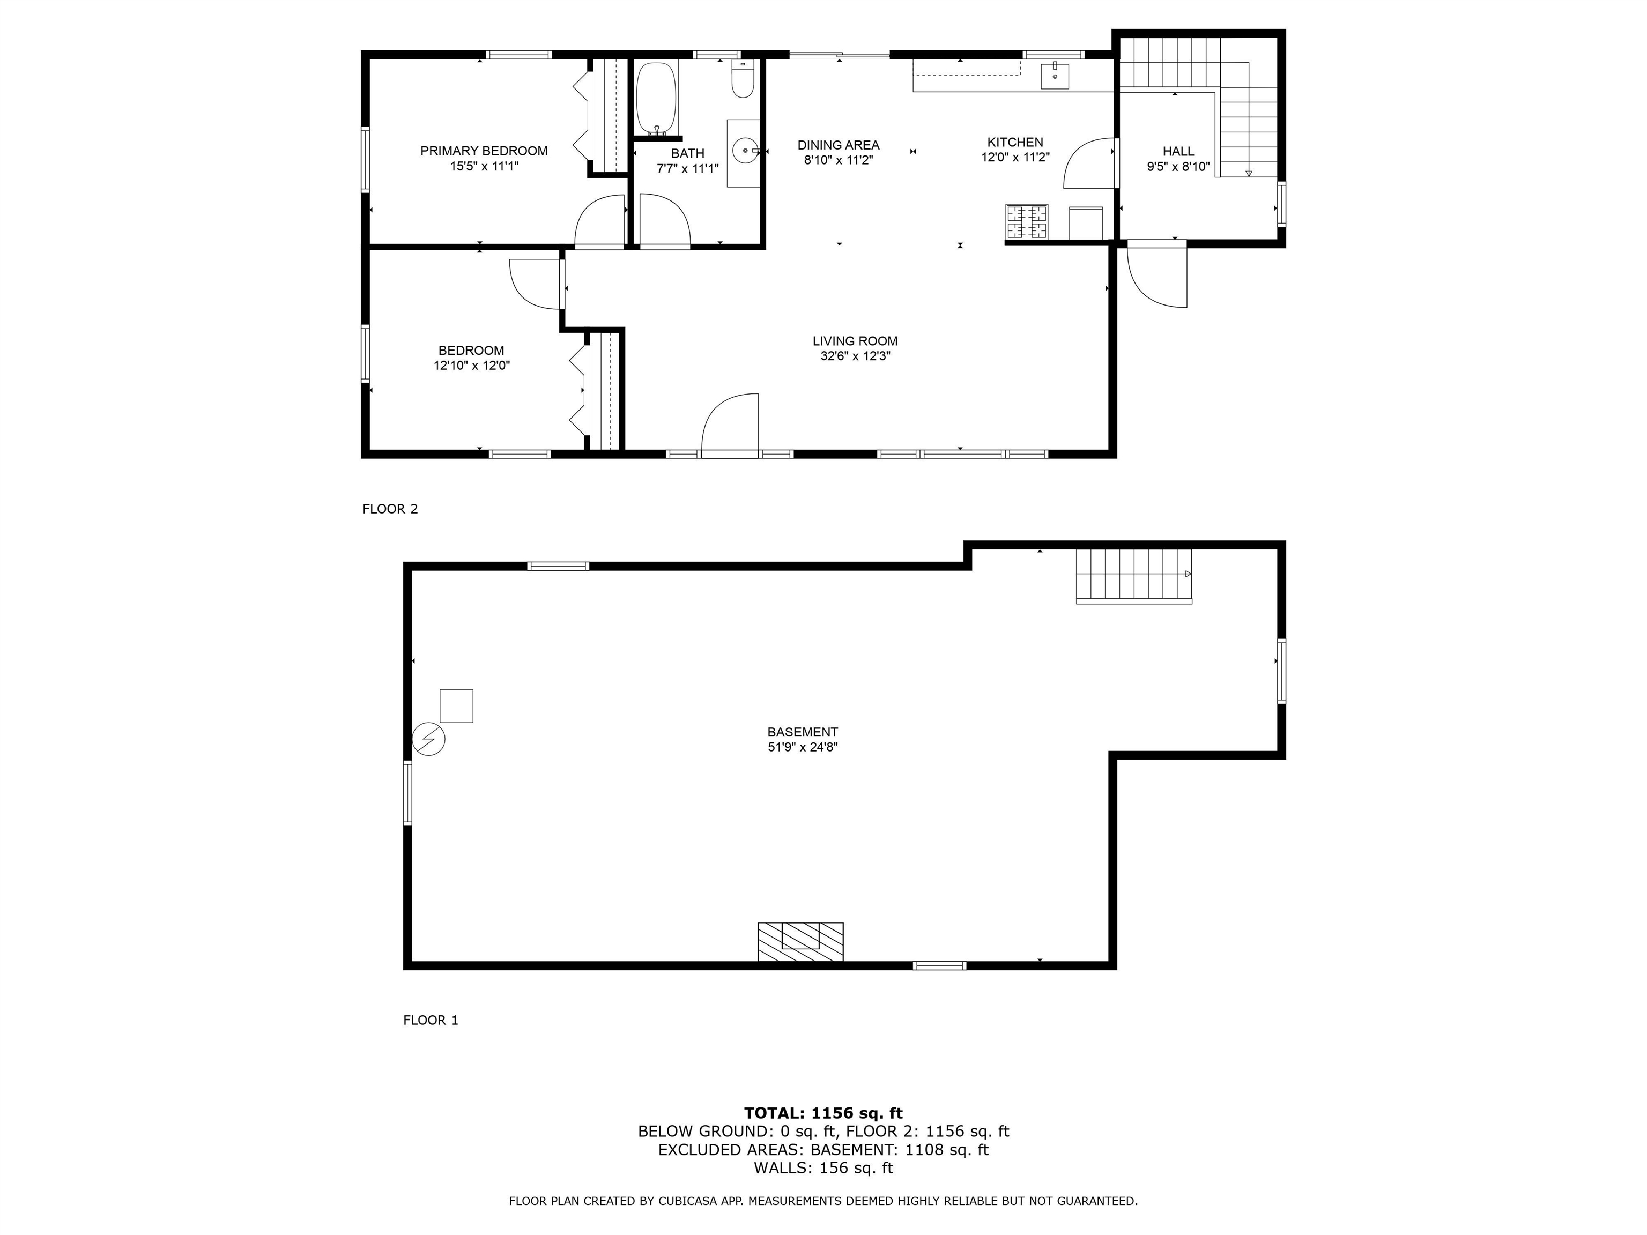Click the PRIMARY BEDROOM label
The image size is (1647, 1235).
[484, 151]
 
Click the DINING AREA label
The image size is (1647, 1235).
[839, 145]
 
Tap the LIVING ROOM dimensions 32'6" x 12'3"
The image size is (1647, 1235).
[856, 356]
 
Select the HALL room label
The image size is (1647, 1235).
[1178, 151]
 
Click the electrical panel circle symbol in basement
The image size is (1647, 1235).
[429, 739]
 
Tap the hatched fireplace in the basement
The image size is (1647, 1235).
[800, 942]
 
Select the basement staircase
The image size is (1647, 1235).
[1134, 576]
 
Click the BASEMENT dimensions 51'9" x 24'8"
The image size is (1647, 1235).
[803, 747]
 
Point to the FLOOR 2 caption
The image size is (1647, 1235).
[390, 509]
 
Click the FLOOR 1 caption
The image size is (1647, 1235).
[431, 1021]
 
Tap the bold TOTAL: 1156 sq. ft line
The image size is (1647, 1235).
[823, 1113]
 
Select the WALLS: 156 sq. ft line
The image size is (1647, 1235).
[823, 1168]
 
